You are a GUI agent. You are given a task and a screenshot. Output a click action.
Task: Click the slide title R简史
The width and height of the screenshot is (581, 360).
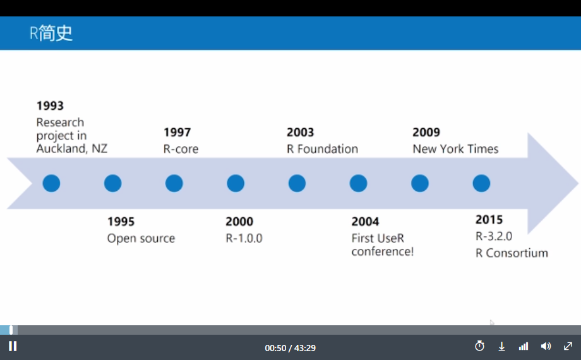(x=51, y=33)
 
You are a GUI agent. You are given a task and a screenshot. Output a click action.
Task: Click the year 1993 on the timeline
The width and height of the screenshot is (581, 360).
(x=50, y=105)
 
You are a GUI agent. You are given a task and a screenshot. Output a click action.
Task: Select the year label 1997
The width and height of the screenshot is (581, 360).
(x=177, y=133)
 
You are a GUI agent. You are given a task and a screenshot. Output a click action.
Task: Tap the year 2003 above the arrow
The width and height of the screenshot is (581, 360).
(x=300, y=133)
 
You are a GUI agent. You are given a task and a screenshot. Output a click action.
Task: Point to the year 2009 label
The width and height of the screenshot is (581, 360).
(x=426, y=133)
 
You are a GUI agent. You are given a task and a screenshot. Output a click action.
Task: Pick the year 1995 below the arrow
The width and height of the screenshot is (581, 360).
(x=121, y=222)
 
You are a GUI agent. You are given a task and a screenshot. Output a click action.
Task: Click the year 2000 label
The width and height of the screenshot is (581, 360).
(x=239, y=222)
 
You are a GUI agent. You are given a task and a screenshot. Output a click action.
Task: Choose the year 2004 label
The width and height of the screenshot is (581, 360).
(x=366, y=222)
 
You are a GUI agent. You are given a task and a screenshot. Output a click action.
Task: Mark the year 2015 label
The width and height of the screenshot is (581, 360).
(x=489, y=220)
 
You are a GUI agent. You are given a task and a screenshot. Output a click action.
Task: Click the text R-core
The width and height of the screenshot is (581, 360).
(x=181, y=149)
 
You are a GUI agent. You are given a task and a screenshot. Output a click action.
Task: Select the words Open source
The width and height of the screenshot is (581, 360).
(x=141, y=238)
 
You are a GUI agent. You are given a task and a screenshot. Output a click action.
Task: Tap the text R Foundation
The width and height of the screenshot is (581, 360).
(x=322, y=149)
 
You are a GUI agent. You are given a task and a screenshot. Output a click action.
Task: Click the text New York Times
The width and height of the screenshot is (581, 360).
(x=455, y=149)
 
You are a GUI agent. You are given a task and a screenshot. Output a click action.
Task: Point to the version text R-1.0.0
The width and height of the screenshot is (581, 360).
(x=244, y=238)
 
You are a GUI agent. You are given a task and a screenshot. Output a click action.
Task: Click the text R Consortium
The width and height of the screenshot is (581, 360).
(x=512, y=253)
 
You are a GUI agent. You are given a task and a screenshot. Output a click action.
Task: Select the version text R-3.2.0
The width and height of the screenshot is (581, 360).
(x=494, y=236)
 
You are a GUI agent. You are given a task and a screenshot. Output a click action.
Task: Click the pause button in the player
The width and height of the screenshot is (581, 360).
(x=13, y=346)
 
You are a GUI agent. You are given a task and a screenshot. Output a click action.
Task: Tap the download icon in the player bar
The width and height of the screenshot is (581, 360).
(x=501, y=347)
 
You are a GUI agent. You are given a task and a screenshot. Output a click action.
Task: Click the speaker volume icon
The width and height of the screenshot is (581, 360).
(x=546, y=346)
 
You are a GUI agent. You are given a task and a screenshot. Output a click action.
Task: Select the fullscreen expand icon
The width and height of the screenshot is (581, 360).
(x=568, y=346)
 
